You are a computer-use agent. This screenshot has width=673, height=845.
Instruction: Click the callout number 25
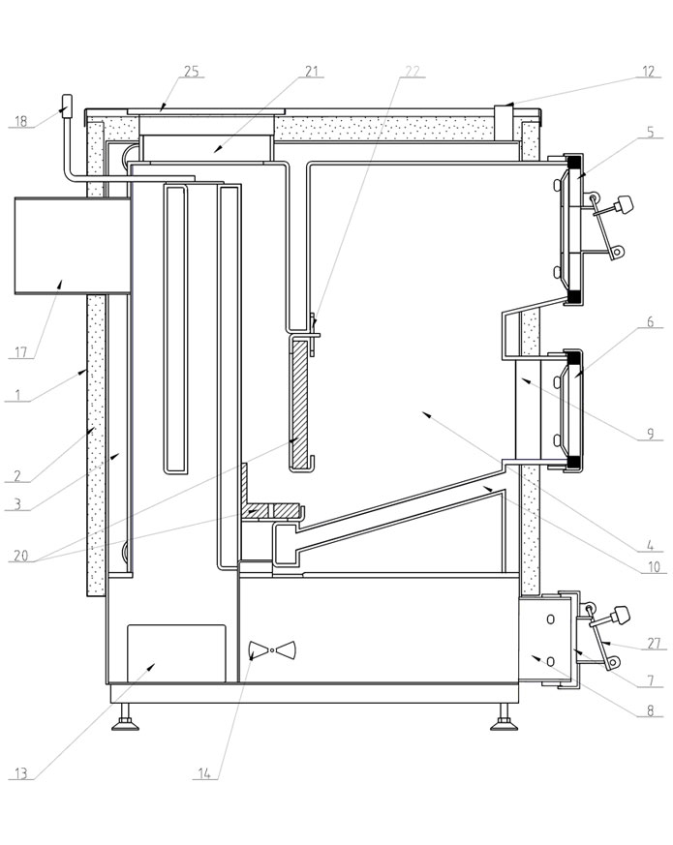click(x=191, y=72)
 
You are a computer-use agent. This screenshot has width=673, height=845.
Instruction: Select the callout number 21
click(x=312, y=72)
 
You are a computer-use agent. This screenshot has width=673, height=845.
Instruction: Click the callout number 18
click(x=20, y=122)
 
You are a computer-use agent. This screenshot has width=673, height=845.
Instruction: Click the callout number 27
click(x=652, y=644)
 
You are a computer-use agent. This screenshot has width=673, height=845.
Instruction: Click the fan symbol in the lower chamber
click(x=271, y=649)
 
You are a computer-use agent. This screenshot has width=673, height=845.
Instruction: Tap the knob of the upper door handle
click(x=625, y=204)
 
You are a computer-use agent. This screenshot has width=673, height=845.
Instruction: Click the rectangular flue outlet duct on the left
click(x=73, y=246)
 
